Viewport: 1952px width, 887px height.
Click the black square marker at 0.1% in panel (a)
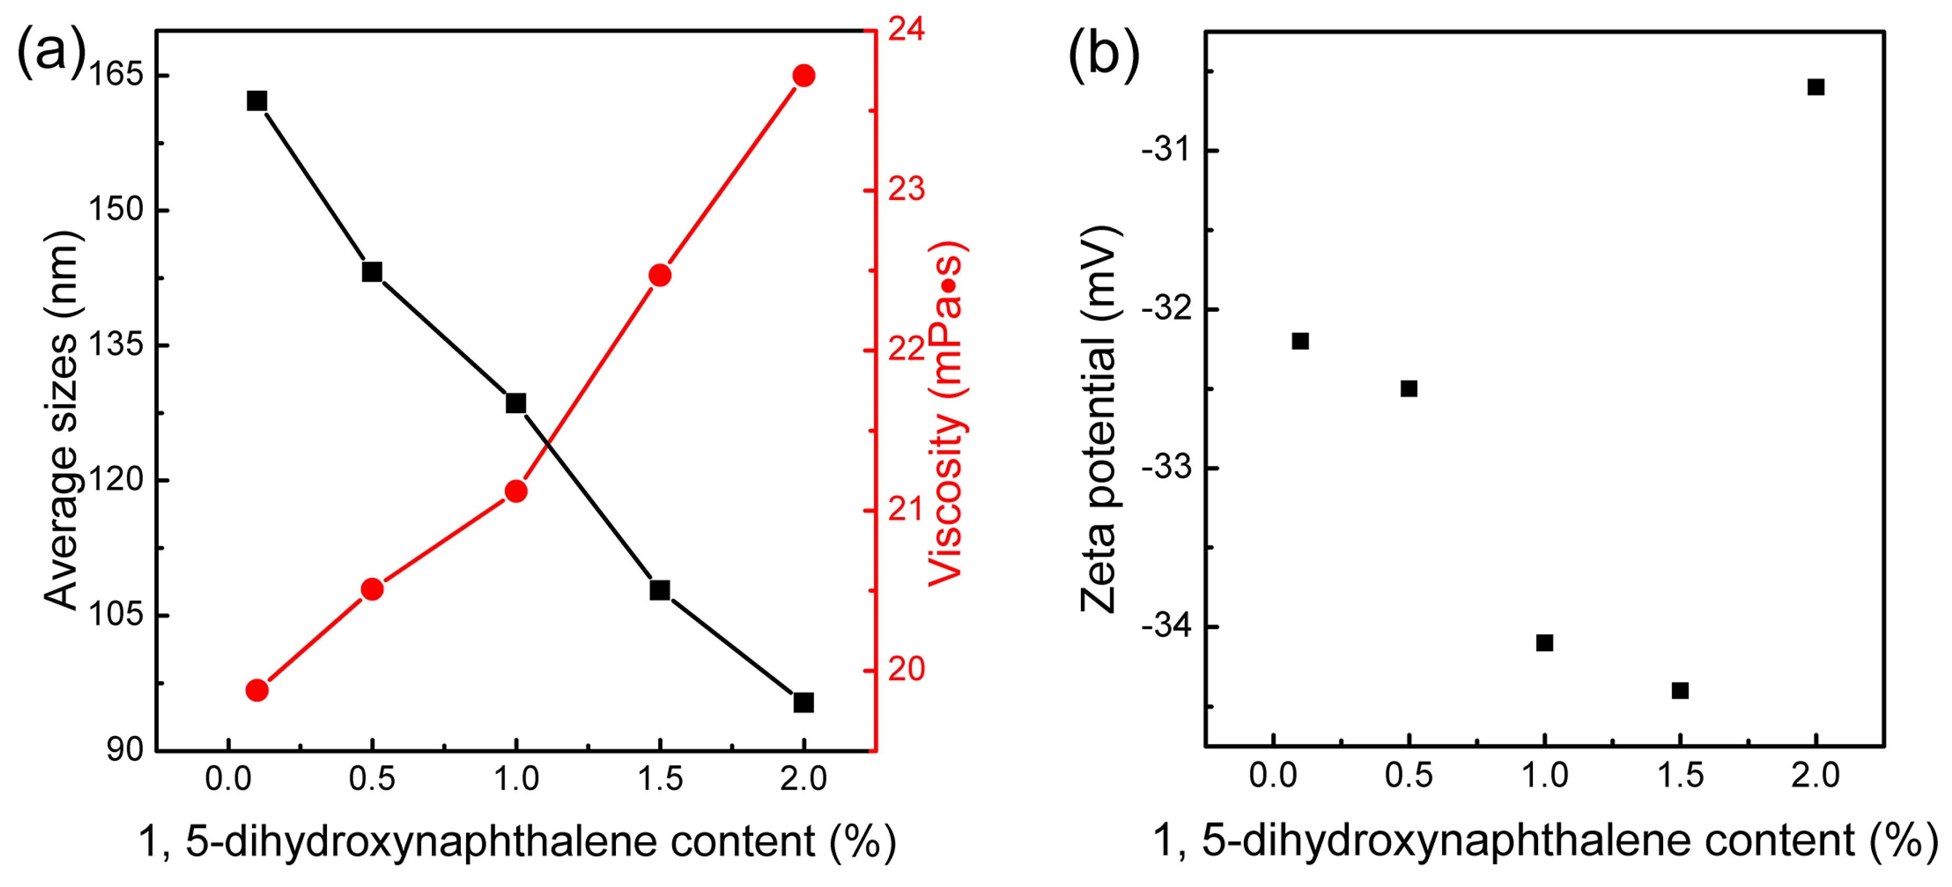pos(257,101)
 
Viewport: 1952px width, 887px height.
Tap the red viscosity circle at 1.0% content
pos(516,491)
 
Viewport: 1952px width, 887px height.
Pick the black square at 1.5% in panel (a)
pos(660,590)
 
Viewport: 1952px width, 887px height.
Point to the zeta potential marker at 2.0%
pos(1815,87)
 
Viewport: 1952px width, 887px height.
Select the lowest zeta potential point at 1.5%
pos(1680,690)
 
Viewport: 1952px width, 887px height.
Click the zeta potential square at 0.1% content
pos(1300,341)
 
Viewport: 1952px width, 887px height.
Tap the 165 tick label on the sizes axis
pos(116,74)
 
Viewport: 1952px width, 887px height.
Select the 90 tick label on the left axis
pos(125,749)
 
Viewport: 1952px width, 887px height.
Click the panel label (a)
pos(51,50)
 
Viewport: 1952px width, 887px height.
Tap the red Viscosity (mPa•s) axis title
pos(946,413)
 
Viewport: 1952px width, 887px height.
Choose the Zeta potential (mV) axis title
pos(1099,418)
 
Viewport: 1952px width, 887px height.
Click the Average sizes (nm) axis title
pos(61,419)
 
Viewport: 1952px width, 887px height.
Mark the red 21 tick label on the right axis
pos(906,509)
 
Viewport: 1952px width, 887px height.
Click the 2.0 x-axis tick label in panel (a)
pos(803,779)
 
